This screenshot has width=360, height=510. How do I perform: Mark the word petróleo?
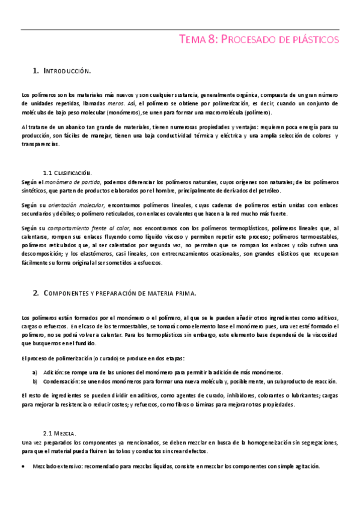pos(266,190)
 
